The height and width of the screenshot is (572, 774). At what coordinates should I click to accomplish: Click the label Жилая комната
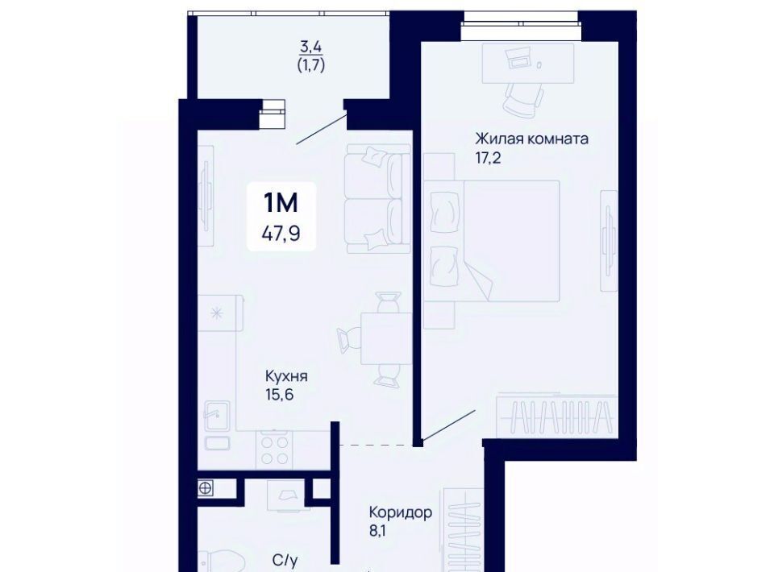531,139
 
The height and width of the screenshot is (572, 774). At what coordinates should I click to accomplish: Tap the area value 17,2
489,158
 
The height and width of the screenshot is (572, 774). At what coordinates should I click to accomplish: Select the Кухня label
286,377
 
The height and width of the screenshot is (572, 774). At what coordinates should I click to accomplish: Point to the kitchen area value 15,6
280,395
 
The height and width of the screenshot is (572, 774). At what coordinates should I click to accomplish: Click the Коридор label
401,513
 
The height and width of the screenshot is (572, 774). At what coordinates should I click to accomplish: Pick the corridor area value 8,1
377,532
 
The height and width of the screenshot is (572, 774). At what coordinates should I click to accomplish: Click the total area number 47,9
281,232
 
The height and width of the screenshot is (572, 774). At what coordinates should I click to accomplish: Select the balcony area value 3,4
311,47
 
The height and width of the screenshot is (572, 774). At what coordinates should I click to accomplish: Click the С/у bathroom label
285,561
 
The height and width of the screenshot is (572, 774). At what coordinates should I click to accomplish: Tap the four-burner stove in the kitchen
274,450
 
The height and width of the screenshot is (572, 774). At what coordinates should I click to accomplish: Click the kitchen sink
217,416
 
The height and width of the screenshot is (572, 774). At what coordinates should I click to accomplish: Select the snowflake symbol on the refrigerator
216,313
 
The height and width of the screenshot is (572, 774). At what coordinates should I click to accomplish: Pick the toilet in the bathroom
223,562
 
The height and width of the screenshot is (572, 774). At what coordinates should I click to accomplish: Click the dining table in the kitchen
386,338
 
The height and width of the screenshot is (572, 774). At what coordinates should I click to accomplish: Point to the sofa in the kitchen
378,199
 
